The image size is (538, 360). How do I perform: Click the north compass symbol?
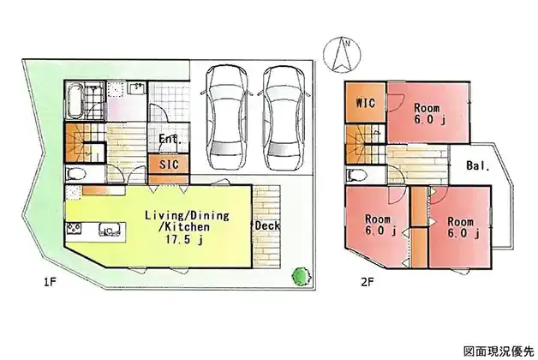[342, 55]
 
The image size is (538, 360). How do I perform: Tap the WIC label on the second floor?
[366, 103]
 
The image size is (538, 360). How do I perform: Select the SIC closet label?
[169, 165]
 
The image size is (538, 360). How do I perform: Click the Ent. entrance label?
[170, 140]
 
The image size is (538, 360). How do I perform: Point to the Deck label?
[267, 225]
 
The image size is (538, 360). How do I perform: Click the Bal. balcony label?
[478, 165]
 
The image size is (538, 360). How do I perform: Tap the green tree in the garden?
[302, 276]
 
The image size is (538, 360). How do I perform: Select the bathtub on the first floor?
[75, 100]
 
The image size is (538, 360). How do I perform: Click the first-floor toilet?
[75, 174]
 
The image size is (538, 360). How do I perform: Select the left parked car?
[226, 117]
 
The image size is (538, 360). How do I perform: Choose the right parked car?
[284, 117]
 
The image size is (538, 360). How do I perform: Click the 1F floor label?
[50, 282]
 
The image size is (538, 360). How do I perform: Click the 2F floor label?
[367, 282]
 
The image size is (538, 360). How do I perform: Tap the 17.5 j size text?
[184, 239]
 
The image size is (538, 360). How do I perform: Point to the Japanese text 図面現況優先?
[499, 351]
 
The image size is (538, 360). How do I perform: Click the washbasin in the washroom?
[137, 87]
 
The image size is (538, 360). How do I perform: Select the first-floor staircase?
[85, 143]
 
